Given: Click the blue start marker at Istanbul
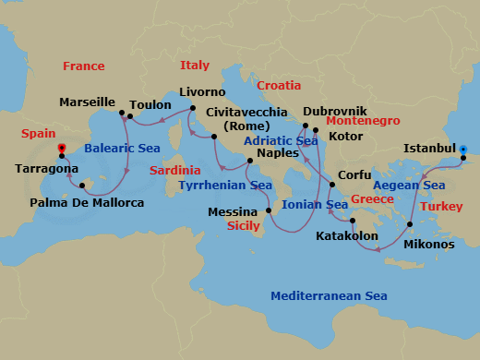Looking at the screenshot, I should click(463, 149).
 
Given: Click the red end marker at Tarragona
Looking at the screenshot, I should click(61, 148).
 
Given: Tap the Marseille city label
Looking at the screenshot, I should click(87, 102).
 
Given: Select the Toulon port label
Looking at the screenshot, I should click(150, 105).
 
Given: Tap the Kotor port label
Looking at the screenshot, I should click(346, 136).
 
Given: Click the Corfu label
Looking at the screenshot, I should click(354, 174).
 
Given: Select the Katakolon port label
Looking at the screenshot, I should click(347, 236).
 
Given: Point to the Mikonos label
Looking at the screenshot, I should click(428, 245).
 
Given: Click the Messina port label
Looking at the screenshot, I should click(233, 211).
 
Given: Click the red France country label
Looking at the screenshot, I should click(83, 66).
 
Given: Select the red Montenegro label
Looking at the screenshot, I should click(363, 121).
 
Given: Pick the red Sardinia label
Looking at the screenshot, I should click(174, 171).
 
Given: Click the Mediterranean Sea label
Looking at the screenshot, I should click(328, 296).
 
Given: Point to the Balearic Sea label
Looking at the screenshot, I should click(122, 148).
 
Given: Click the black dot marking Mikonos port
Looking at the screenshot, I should click(409, 224).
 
